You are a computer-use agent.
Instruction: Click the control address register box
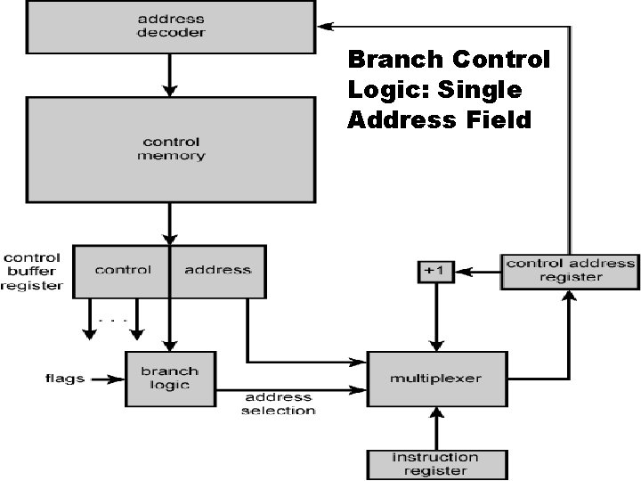570,270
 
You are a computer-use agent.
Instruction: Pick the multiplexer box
435,379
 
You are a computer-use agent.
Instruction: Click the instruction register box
436,464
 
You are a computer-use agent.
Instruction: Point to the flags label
64,379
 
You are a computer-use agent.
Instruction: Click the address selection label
278,404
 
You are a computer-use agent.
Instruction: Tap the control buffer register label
32,270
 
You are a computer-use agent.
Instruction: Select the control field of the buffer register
123,270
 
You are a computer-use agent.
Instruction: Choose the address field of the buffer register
217,270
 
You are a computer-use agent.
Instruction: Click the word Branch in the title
395,60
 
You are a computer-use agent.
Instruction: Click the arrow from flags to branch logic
106,379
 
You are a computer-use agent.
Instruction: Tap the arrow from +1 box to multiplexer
436,317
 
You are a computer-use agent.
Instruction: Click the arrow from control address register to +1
477,272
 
